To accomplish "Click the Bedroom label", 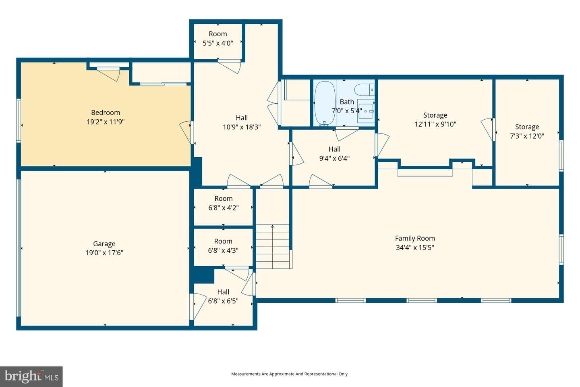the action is [x=106, y=112].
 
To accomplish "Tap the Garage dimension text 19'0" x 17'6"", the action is [x=104, y=253].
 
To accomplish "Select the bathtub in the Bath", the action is [x=325, y=104].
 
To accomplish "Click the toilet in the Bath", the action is [x=364, y=90].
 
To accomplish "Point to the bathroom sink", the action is [x=366, y=111].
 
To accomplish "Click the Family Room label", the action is [x=415, y=238].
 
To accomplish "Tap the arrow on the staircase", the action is [x=272, y=246].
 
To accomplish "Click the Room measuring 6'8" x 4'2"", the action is [x=223, y=207].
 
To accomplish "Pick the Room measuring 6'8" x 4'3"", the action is [x=223, y=247].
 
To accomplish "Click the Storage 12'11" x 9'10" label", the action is [x=435, y=119].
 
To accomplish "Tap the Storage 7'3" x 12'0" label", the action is [x=527, y=131].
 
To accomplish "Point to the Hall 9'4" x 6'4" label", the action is [x=334, y=154].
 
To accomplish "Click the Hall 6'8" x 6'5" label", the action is [x=223, y=296].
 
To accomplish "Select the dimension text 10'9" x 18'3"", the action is [x=242, y=127].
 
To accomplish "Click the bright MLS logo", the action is [x=31, y=377].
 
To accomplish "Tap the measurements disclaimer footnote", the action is [x=290, y=374].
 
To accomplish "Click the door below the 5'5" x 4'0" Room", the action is [x=229, y=66].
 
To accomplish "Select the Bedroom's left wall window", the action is [x=19, y=121].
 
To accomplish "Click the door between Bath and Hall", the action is [x=347, y=133].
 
